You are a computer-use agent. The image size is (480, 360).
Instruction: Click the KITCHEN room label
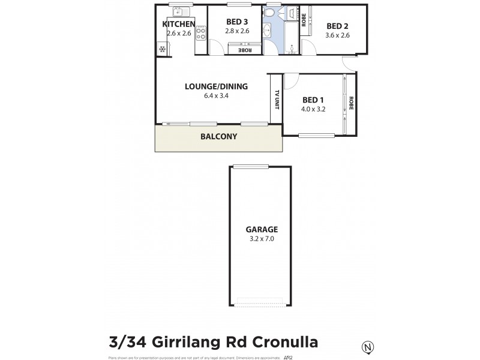pos(179,24)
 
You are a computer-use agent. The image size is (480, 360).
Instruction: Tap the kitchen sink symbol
pos(179,11)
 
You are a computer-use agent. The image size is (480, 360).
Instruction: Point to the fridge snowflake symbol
pos(161,49)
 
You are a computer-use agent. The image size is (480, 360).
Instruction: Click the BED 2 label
pos(336,26)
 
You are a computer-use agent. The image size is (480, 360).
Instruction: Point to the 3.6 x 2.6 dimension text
pos(336,35)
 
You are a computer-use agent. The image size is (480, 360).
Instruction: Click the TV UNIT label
pos(277,99)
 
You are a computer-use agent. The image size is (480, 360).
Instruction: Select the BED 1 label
pos(313,100)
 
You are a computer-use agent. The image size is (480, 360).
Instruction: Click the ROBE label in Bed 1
pos(351,104)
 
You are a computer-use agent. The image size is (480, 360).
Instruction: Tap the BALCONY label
pos(219,136)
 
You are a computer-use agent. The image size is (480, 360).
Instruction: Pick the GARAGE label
pos(262,229)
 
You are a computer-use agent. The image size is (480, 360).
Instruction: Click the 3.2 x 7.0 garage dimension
pos(262,239)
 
